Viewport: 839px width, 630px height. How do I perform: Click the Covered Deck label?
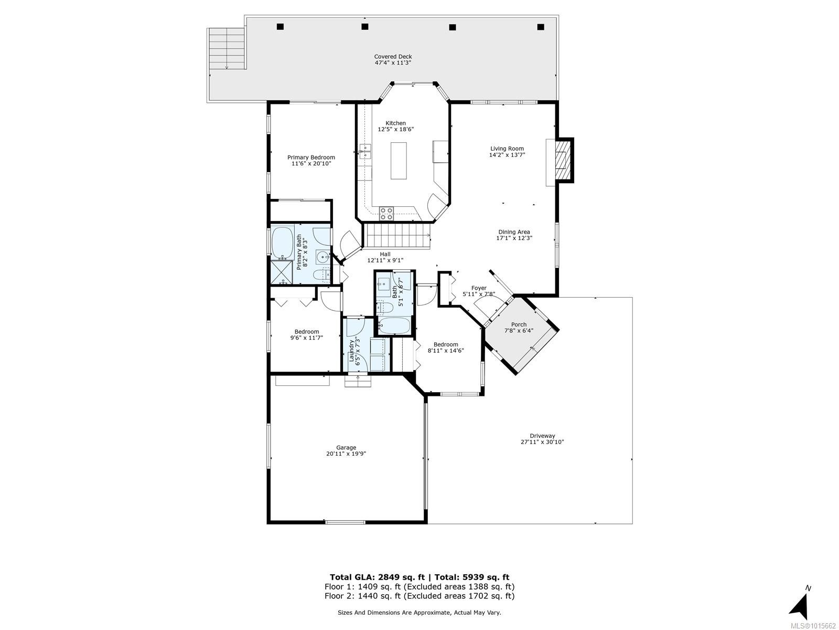point(393,57)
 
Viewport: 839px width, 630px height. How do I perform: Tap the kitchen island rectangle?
point(399,161)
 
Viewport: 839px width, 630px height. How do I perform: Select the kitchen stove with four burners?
point(386,214)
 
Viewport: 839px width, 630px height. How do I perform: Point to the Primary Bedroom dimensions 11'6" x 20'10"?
point(311,164)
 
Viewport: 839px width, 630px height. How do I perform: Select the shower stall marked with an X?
point(282,272)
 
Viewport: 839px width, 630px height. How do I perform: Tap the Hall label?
point(385,254)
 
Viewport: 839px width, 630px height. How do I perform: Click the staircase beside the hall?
point(397,236)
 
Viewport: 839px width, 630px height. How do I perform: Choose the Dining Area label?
point(514,232)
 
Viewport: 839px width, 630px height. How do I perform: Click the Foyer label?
point(479,288)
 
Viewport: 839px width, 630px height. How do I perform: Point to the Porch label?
point(519,324)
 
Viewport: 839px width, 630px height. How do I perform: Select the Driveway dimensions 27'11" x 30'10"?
point(542,442)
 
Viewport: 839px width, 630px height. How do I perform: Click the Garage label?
point(346,447)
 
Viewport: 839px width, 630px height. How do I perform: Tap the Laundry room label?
point(352,351)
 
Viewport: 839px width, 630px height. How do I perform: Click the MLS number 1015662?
point(815,625)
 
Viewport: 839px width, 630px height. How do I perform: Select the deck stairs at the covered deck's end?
point(227,49)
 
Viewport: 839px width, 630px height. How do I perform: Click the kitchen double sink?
point(365,152)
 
